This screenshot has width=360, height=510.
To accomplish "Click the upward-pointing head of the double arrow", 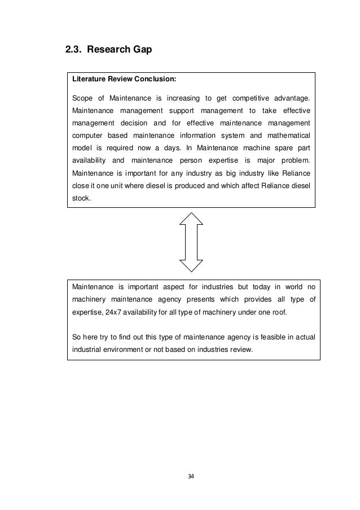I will pyautogui.click(x=191, y=219).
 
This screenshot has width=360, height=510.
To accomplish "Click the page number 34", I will pyautogui.click(x=191, y=477).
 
